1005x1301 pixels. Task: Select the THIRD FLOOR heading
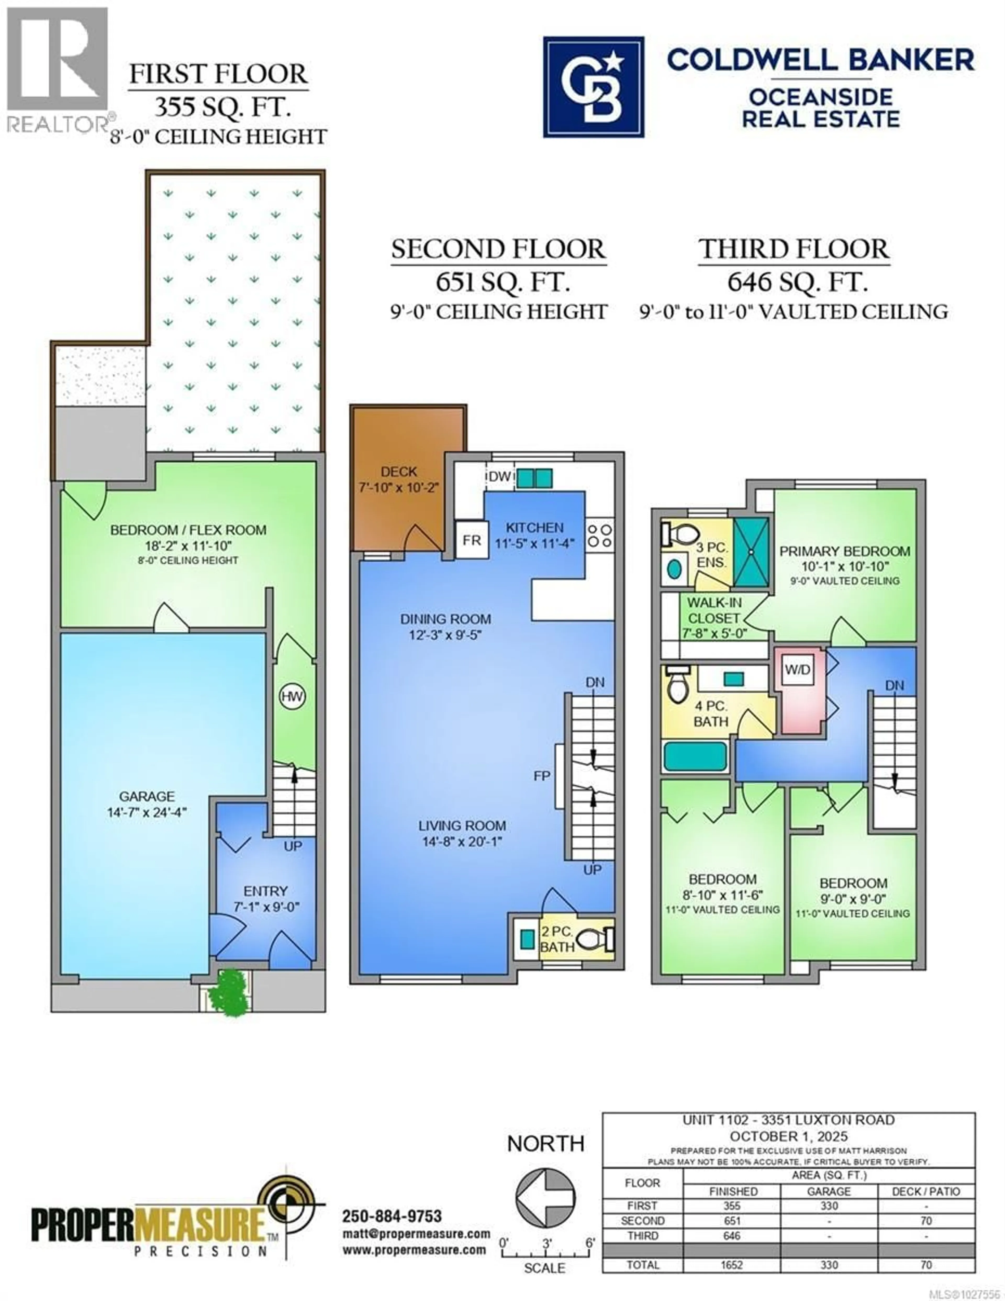click(794, 249)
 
